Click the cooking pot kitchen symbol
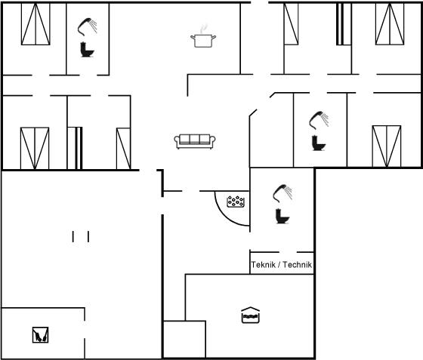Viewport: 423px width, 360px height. [x=203, y=37]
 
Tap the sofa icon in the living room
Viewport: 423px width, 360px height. [x=195, y=141]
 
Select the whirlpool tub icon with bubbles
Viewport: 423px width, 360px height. [x=236, y=202]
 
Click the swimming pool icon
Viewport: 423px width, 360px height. [x=250, y=315]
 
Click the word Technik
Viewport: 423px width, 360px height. [x=297, y=265]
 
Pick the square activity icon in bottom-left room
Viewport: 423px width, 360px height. [x=41, y=335]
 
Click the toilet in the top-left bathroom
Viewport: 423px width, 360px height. [x=87, y=50]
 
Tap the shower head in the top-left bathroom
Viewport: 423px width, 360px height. [x=87, y=26]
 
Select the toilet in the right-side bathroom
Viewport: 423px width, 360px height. [x=319, y=143]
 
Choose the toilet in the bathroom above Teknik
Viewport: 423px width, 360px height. [x=283, y=216]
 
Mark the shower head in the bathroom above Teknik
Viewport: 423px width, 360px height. [x=283, y=193]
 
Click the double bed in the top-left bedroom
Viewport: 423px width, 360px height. [x=36, y=23]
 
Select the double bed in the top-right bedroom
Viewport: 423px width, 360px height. [x=390, y=23]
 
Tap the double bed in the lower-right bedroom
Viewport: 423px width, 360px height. [x=387, y=146]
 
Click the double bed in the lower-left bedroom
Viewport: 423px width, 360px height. [x=35, y=149]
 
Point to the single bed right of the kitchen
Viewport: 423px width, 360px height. [x=291, y=23]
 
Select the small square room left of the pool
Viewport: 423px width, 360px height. [x=185, y=340]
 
